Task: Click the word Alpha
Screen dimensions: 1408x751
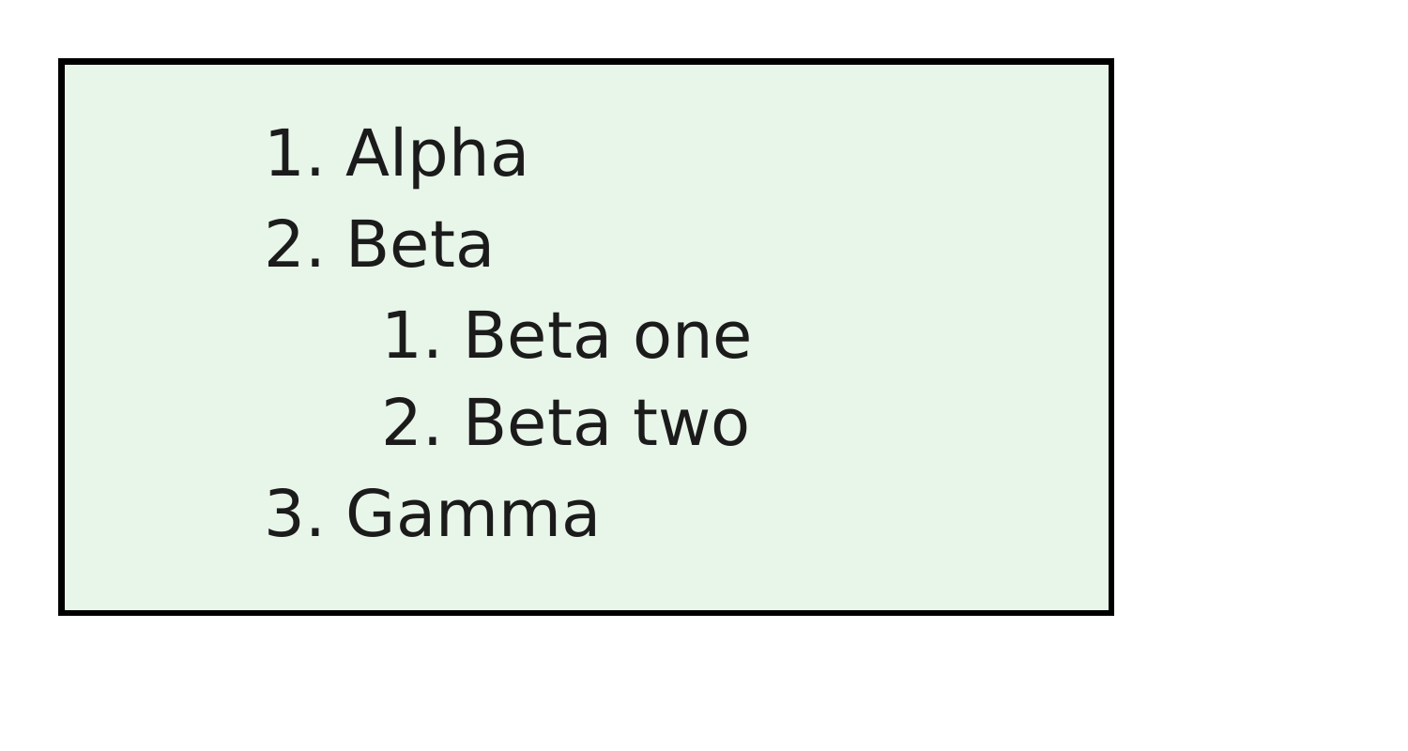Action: [436, 155]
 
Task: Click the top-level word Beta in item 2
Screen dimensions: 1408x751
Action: [419, 244]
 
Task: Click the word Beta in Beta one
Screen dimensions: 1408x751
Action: [537, 335]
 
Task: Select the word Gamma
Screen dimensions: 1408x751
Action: [471, 513]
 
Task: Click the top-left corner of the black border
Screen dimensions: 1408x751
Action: [61, 62]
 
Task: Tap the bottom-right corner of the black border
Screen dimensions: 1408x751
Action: [1111, 612]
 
